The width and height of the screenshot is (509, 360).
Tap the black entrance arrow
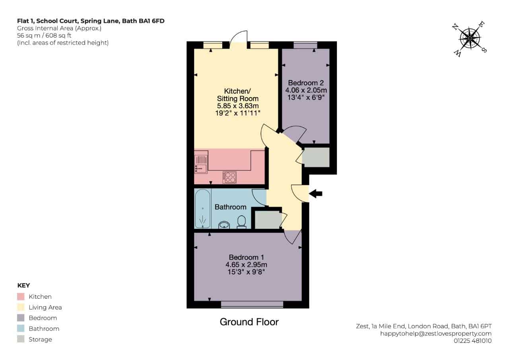[x=316, y=194]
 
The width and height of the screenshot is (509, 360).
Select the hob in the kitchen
[x=229, y=177]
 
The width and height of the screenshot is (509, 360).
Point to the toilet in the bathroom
[x=241, y=222]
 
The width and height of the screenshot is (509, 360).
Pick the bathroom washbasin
[x=224, y=225]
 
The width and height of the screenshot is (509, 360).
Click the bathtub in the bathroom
[x=202, y=208]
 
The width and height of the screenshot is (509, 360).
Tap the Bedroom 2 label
[x=306, y=83]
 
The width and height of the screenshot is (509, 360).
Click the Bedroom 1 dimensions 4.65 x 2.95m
[x=246, y=265]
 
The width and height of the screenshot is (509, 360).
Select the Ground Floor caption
[x=249, y=322]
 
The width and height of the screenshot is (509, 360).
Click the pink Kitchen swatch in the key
[x=21, y=296]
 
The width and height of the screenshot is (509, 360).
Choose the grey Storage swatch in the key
[x=21, y=339]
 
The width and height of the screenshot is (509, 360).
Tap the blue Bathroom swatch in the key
[x=21, y=329]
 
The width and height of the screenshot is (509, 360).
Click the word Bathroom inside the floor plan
[x=231, y=207]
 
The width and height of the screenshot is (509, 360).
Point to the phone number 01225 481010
[x=473, y=341]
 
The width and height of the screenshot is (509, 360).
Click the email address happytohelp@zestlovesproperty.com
[x=436, y=333]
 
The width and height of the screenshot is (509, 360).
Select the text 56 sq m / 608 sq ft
[x=44, y=35]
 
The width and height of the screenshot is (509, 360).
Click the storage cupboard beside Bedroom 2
[x=316, y=157]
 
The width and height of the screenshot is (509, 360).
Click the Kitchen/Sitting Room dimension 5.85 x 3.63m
[x=238, y=106]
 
